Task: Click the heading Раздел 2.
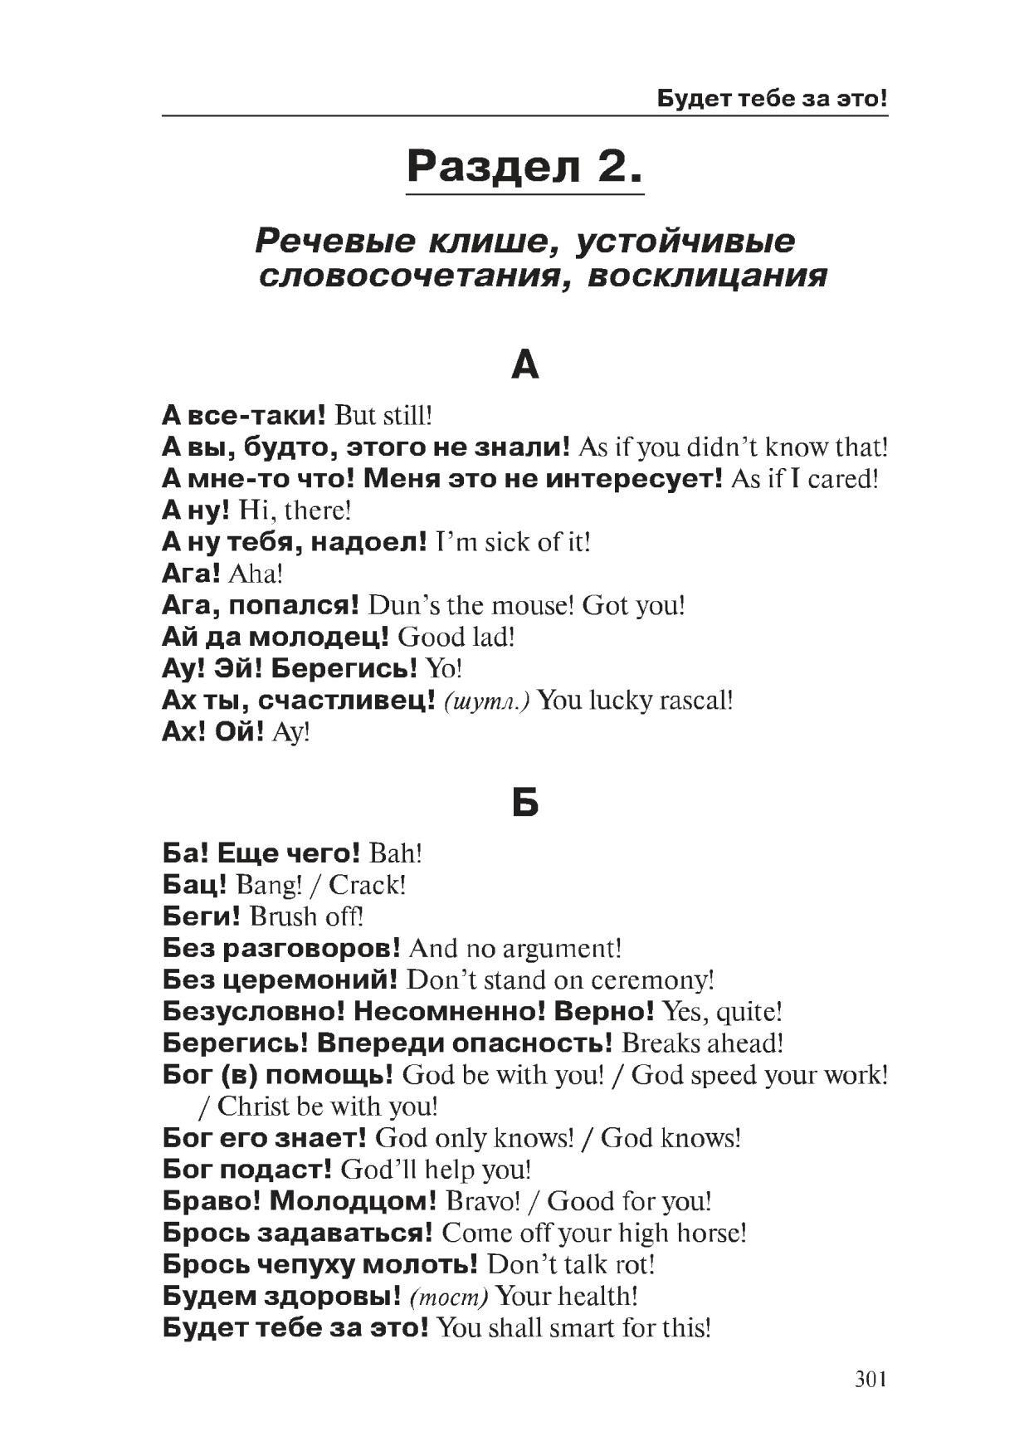[524, 167]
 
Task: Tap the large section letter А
[525, 364]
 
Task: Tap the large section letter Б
[525, 803]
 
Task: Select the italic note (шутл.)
[487, 701]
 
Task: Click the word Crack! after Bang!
[368, 885]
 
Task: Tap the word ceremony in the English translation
[652, 980]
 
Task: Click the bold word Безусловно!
[254, 1012]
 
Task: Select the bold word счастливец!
[347, 701]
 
